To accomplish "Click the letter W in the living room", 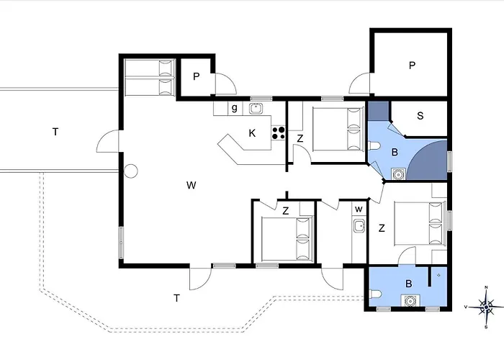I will [x=191, y=186].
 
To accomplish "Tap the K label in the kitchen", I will [x=252, y=133].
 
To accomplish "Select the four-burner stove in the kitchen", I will [x=278, y=133].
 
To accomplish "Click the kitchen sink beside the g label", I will [x=255, y=109].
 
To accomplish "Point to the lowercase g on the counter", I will [x=234, y=109].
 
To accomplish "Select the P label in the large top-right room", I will [x=412, y=66].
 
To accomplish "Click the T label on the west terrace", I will [x=55, y=132].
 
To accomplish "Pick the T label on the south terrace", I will [x=176, y=297].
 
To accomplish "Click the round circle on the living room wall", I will [x=130, y=171].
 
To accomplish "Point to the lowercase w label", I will [x=357, y=210].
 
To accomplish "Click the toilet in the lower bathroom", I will [x=377, y=294].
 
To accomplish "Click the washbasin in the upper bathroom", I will [x=397, y=172].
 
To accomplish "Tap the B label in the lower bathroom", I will [x=408, y=284].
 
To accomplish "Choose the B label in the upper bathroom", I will [x=395, y=152].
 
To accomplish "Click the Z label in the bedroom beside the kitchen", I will [x=300, y=138].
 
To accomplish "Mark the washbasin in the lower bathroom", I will [x=409, y=302].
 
